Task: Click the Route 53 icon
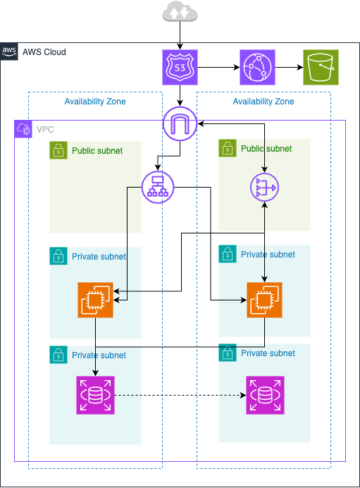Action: [x=180, y=68]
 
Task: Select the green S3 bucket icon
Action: [x=321, y=68]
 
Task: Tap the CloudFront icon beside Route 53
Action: [x=257, y=68]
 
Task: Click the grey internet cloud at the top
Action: [x=180, y=12]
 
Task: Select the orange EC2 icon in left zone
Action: [x=95, y=300]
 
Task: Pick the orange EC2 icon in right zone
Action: [x=264, y=300]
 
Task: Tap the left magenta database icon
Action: [x=95, y=395]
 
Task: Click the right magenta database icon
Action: [x=264, y=395]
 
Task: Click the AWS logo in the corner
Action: [x=9, y=51]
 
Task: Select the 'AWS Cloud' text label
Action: [x=44, y=51]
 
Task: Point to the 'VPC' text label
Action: [x=45, y=130]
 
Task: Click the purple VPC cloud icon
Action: [x=23, y=129]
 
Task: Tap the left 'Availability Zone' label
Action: [x=95, y=102]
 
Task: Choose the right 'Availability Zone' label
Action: [x=263, y=102]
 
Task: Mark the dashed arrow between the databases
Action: [x=180, y=395]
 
